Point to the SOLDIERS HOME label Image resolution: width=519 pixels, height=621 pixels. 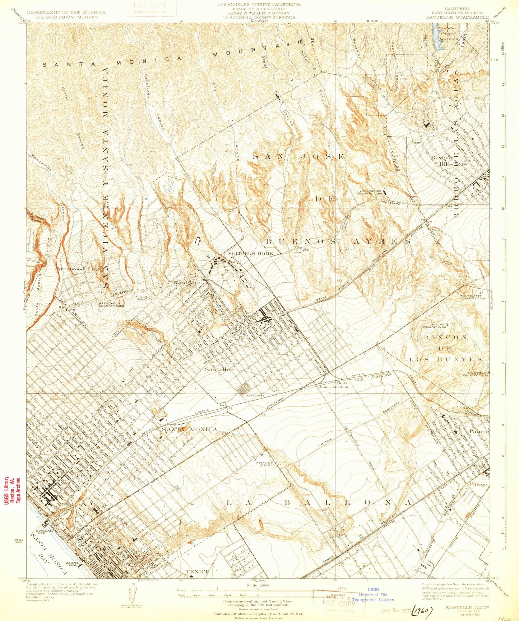pos(251,254)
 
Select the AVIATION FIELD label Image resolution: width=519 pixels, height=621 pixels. pos(265,464)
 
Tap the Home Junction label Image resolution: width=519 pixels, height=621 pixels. pos(334,387)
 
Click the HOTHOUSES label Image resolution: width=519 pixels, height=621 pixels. pos(255,395)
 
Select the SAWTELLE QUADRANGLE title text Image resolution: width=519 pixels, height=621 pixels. pos(458,17)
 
